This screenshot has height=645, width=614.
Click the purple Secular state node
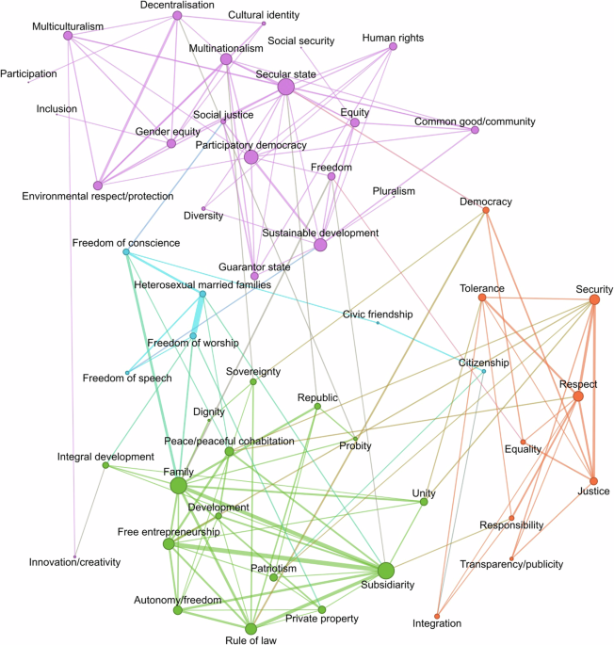(x=285, y=87)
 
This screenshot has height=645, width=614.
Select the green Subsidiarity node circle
(x=385, y=570)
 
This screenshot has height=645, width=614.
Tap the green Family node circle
(x=178, y=485)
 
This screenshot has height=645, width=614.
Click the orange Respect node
(x=577, y=396)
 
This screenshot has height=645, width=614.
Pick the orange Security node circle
(x=594, y=299)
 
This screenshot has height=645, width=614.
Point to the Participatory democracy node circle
(x=250, y=157)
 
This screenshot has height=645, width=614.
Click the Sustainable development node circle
(x=320, y=245)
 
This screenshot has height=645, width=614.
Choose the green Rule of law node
(x=250, y=628)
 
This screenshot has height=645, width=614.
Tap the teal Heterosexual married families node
(x=202, y=295)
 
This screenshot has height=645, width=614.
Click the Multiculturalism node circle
(x=68, y=36)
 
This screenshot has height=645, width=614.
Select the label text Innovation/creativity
(x=74, y=562)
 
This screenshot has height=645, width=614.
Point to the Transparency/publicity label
(x=511, y=563)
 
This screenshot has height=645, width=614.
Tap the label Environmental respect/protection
(x=98, y=196)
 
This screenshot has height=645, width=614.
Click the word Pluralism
(x=393, y=191)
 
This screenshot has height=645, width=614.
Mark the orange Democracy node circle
(x=485, y=210)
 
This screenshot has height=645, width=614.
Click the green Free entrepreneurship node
(x=169, y=544)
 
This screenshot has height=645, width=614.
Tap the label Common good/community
(x=475, y=121)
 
